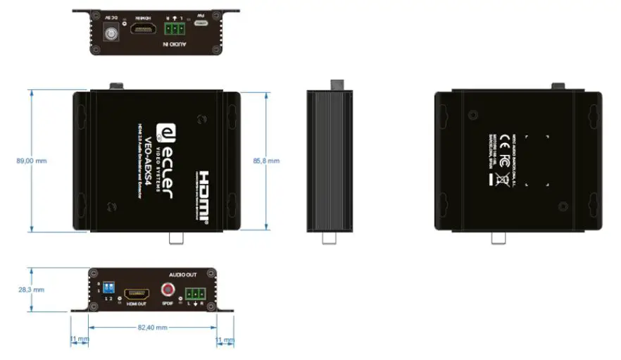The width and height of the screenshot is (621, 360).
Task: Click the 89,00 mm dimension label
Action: pos(32,161)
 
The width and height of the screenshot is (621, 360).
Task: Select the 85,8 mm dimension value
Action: pos(266,161)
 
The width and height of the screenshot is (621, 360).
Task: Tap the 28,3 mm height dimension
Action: pos(30,289)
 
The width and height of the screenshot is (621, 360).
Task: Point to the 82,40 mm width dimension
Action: pos(152,327)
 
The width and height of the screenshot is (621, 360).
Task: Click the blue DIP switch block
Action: pos(109,288)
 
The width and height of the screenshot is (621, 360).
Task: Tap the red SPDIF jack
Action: pos(168,289)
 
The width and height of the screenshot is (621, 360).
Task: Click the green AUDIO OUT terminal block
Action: pos(194,294)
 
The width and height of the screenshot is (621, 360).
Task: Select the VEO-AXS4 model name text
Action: pos(149,160)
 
